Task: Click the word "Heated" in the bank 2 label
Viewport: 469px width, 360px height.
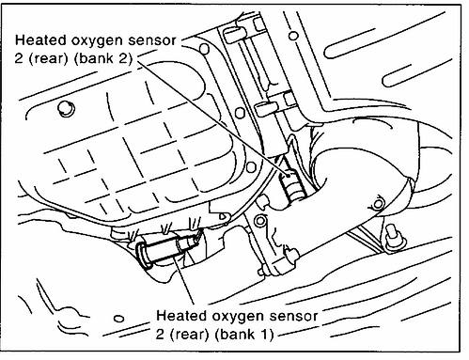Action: point(40,39)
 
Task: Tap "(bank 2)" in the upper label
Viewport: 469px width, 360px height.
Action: point(104,58)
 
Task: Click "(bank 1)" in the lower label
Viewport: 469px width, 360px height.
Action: point(244,334)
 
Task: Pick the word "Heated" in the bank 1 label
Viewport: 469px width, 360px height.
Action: point(182,315)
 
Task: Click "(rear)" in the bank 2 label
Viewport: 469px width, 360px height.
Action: point(49,58)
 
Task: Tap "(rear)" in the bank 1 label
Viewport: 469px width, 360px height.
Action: point(190,334)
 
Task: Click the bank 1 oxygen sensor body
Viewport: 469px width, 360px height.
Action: point(166,249)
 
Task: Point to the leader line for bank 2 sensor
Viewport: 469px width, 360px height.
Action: point(212,117)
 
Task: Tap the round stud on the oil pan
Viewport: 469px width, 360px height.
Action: point(66,109)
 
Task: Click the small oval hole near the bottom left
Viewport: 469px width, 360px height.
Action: point(118,319)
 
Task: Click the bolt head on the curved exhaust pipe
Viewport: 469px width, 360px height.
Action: point(378,204)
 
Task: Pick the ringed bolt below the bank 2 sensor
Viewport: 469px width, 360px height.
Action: point(259,221)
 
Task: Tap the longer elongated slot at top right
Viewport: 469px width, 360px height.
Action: point(350,43)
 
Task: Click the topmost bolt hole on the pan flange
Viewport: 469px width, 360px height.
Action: point(204,49)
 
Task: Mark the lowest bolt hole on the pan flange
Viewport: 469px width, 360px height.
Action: point(252,166)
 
